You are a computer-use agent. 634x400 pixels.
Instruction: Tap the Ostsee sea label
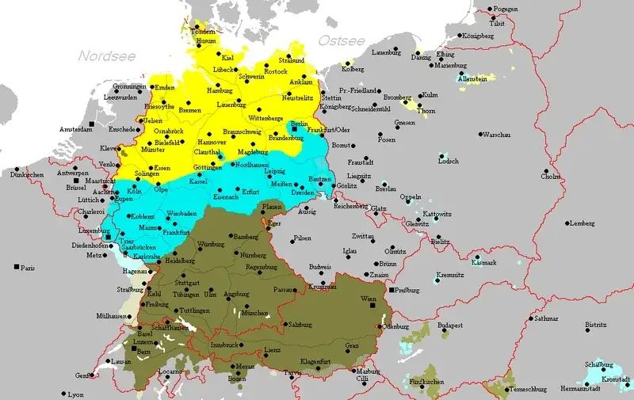click(342, 40)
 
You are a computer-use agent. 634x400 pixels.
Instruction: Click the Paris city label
click(29, 268)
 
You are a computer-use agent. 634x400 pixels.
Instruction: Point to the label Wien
click(367, 299)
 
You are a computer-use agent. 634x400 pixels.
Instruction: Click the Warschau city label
click(495, 135)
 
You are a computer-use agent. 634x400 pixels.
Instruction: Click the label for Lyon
click(76, 394)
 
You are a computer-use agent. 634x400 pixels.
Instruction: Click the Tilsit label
click(496, 24)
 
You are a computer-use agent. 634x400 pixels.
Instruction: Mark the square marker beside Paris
click(15, 268)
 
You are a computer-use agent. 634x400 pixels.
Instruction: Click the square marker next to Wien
click(371, 307)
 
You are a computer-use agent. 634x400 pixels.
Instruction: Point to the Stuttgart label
click(187, 283)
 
